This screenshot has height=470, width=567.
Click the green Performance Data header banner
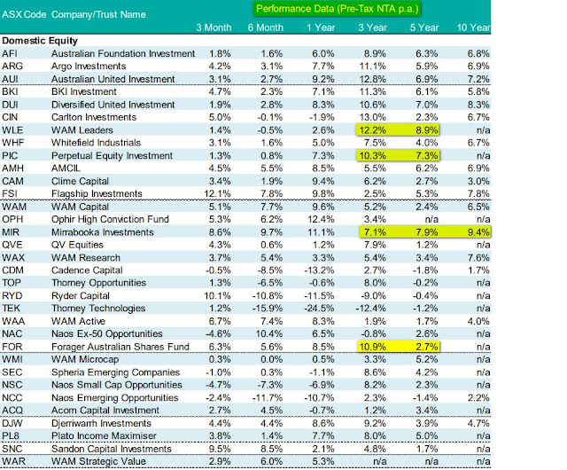click(x=337, y=10)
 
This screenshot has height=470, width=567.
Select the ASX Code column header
click(x=24, y=15)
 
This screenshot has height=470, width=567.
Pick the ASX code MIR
click(x=12, y=231)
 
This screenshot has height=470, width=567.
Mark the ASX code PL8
click(x=12, y=435)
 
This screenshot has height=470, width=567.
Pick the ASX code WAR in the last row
click(x=14, y=461)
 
